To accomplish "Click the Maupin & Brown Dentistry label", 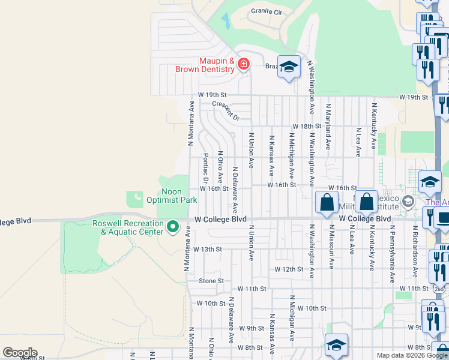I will pyautogui.click(x=205, y=65).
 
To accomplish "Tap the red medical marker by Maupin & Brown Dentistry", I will pyautogui.click(x=243, y=64).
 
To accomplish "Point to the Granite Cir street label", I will pyautogui.click(x=267, y=11).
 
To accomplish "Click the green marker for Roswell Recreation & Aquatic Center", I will pyautogui.click(x=173, y=227).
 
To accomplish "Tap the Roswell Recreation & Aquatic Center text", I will pyautogui.click(x=128, y=227).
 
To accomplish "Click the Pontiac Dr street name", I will pyautogui.click(x=205, y=169).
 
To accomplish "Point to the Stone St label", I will pyautogui.click(x=211, y=281).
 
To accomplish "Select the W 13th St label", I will pyautogui.click(x=208, y=249).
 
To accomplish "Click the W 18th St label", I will pyautogui.click(x=307, y=127).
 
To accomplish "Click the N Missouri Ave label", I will pyautogui.click(x=331, y=247).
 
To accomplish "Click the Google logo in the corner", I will pyautogui.click(x=20, y=353).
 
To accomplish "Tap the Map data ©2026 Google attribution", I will pyautogui.click(x=412, y=355).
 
